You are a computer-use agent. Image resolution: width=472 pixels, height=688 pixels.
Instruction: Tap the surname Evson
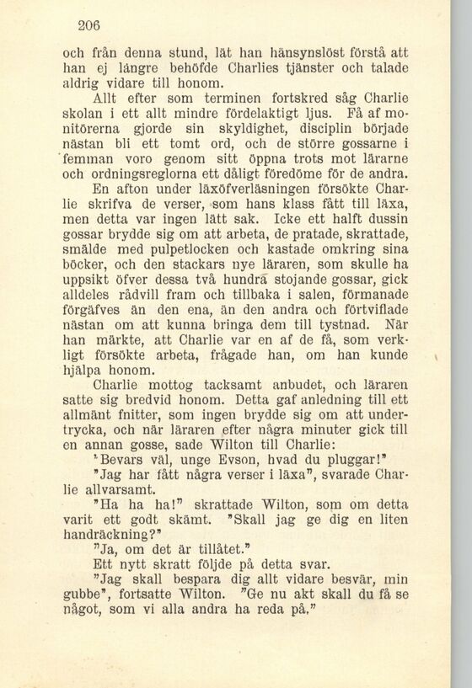point(214,463)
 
